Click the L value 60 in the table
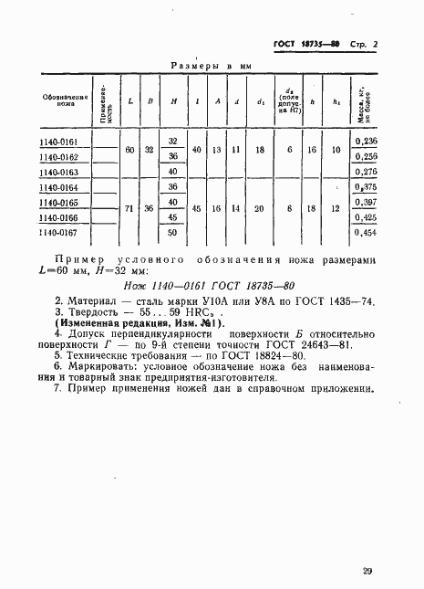(x=129, y=149)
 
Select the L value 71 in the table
(x=129, y=210)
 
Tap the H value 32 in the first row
(x=171, y=141)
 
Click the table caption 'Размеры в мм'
(x=211, y=67)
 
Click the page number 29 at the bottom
(x=366, y=572)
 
